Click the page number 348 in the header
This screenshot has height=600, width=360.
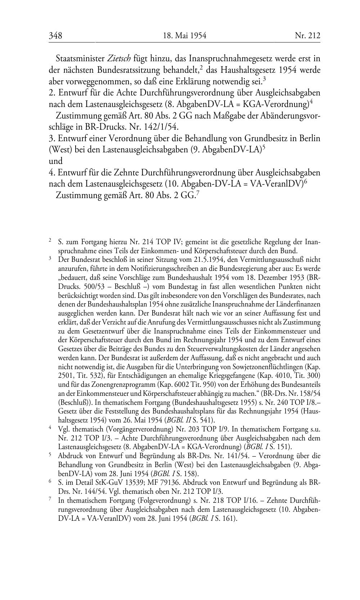pos(55,35)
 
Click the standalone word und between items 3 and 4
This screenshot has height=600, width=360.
pos(55,161)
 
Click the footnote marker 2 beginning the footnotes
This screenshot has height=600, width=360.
pos(50,239)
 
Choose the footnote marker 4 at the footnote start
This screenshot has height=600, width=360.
pos(50,428)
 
